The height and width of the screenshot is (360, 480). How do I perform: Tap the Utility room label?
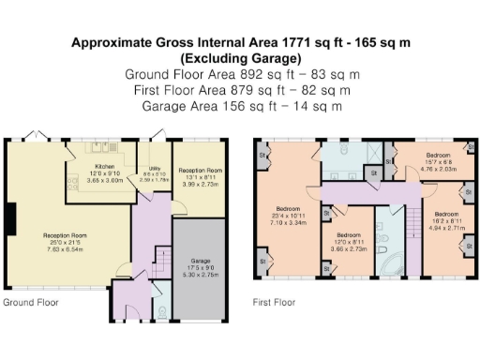click(156, 172)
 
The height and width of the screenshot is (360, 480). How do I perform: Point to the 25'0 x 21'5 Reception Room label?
click(65, 235)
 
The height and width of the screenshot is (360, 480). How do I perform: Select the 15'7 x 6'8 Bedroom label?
click(438, 153)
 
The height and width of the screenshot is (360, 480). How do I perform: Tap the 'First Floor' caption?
click(274, 303)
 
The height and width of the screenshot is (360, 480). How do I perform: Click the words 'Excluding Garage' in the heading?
click(239, 60)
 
